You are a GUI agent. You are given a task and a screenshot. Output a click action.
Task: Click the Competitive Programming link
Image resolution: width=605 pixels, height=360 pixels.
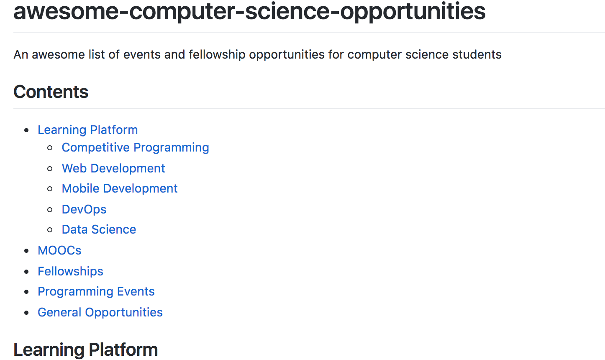click(x=135, y=147)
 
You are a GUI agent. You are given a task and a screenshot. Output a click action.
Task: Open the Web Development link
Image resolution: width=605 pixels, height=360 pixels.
click(x=113, y=168)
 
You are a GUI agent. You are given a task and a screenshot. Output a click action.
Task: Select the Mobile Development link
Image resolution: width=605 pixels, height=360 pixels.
click(x=120, y=188)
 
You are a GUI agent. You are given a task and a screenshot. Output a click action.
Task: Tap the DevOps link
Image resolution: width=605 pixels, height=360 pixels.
click(x=84, y=209)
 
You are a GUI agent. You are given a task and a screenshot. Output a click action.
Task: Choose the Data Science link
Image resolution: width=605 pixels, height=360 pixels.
click(x=99, y=229)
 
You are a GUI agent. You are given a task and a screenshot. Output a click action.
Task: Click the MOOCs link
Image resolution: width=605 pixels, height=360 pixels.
click(x=59, y=250)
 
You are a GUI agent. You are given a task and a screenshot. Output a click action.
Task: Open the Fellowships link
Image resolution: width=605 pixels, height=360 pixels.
click(x=70, y=271)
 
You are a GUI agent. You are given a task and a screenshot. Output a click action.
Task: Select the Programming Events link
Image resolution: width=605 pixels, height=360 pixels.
click(x=96, y=291)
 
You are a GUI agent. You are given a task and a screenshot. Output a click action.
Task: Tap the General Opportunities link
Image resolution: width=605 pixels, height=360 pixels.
click(x=100, y=312)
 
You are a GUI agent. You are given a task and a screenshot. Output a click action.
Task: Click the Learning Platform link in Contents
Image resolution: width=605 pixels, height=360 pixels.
click(x=87, y=130)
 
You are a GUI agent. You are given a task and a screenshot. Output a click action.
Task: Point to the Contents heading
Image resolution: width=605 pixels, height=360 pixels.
click(x=51, y=92)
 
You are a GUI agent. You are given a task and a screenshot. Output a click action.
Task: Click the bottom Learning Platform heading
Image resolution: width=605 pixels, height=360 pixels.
click(x=85, y=350)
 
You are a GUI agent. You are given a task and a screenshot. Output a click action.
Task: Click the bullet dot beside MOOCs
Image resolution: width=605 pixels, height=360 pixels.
click(x=27, y=251)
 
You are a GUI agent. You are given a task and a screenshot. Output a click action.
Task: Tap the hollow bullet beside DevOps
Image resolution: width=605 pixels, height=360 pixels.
click(x=50, y=209)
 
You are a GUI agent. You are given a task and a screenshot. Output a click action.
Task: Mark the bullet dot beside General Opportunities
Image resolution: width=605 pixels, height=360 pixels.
click(x=27, y=313)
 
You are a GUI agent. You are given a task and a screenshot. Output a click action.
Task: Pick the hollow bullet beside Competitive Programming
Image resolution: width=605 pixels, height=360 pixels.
click(x=50, y=148)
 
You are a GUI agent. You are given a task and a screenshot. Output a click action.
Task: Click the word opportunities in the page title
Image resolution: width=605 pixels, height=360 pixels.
click(x=413, y=11)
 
